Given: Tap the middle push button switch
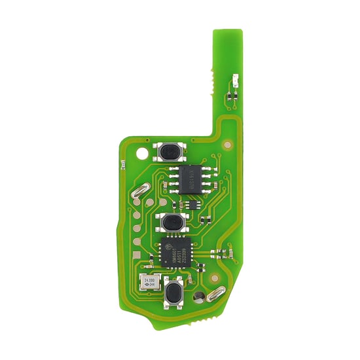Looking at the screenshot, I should click(x=171, y=223).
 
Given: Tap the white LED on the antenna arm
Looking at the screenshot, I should click(x=234, y=83).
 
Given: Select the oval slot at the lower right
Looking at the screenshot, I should click(x=214, y=296).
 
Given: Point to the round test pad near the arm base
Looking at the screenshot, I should click(x=226, y=145).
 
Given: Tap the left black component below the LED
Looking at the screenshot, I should click(x=229, y=96).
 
